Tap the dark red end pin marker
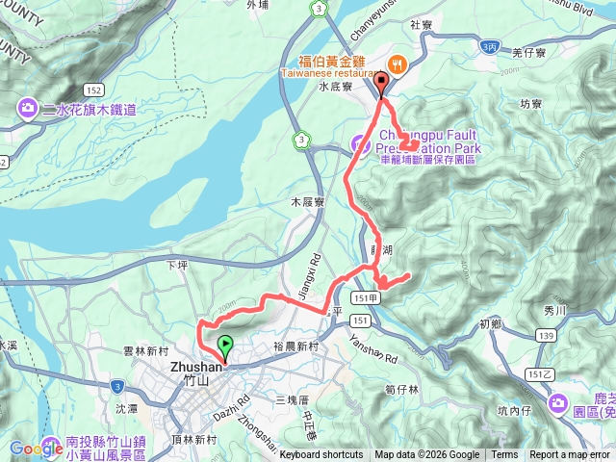pyautogui.click(x=382, y=84)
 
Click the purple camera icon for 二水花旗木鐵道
pyautogui.click(x=25, y=110)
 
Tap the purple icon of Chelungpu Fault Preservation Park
pyautogui.click(x=358, y=145)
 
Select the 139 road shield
pyautogui.click(x=545, y=335)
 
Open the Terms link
pyautogui.click(x=504, y=455)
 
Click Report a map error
pyautogui.click(x=570, y=455)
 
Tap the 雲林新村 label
pyautogui.click(x=146, y=352)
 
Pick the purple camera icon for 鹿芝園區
pyautogui.click(x=557, y=402)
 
